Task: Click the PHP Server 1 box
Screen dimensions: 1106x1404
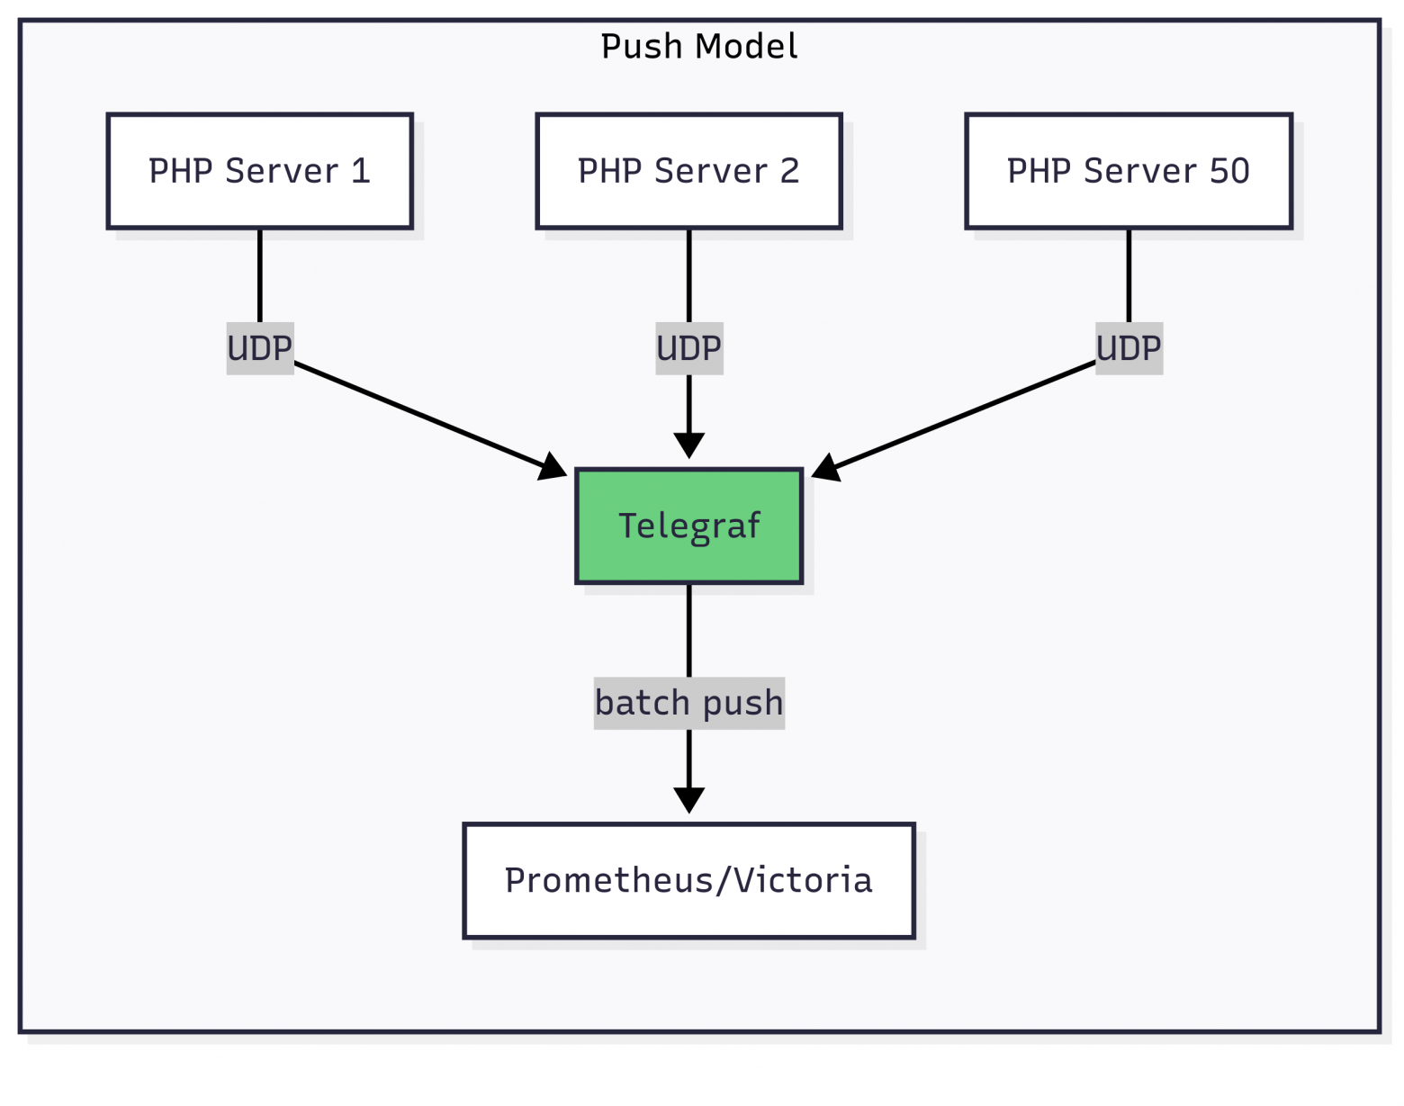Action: [x=259, y=171]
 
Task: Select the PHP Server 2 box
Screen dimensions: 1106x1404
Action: [x=688, y=171]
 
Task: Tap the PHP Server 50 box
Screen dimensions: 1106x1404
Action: [x=1128, y=171]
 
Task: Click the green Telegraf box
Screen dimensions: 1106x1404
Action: [x=688, y=526]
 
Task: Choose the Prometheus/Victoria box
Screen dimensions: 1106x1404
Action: [x=688, y=880]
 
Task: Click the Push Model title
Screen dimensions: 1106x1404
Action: [x=698, y=47]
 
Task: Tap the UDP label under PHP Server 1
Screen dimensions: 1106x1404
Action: [x=259, y=348]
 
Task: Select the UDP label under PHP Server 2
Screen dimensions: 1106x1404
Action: [x=688, y=348]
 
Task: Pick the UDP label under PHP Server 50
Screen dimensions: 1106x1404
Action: [x=1128, y=348]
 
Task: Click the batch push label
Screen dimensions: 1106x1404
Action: [x=688, y=703]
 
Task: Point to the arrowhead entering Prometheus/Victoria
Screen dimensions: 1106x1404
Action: [x=688, y=800]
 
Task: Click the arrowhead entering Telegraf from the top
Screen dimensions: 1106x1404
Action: [x=688, y=445]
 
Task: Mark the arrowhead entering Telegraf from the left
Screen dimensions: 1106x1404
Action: [x=553, y=468]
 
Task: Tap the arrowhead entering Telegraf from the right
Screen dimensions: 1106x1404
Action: [x=825, y=468]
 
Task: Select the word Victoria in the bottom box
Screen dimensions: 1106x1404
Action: [x=803, y=880]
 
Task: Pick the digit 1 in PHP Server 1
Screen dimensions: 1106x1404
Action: [x=361, y=171]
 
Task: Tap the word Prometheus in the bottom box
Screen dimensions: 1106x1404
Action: [x=608, y=880]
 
